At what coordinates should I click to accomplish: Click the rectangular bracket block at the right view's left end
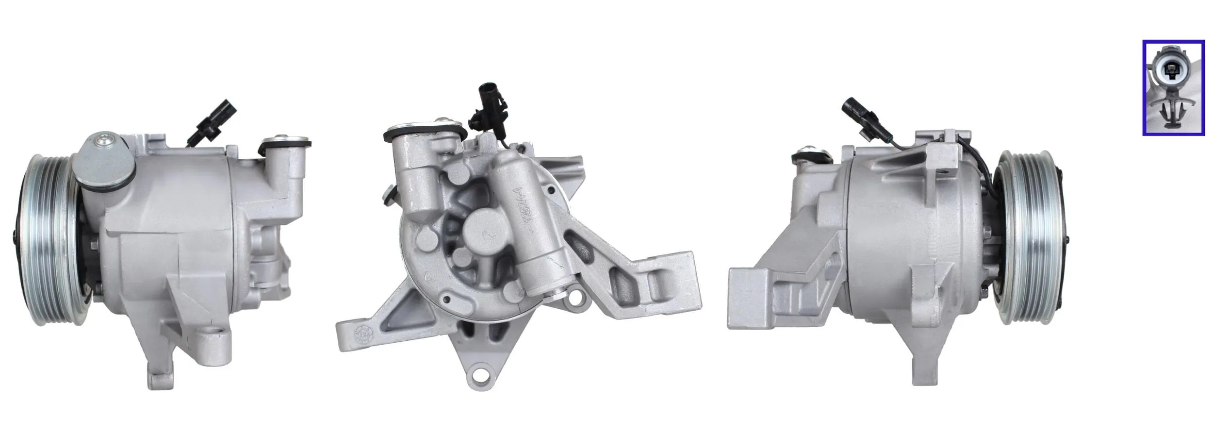click(x=750, y=296)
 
